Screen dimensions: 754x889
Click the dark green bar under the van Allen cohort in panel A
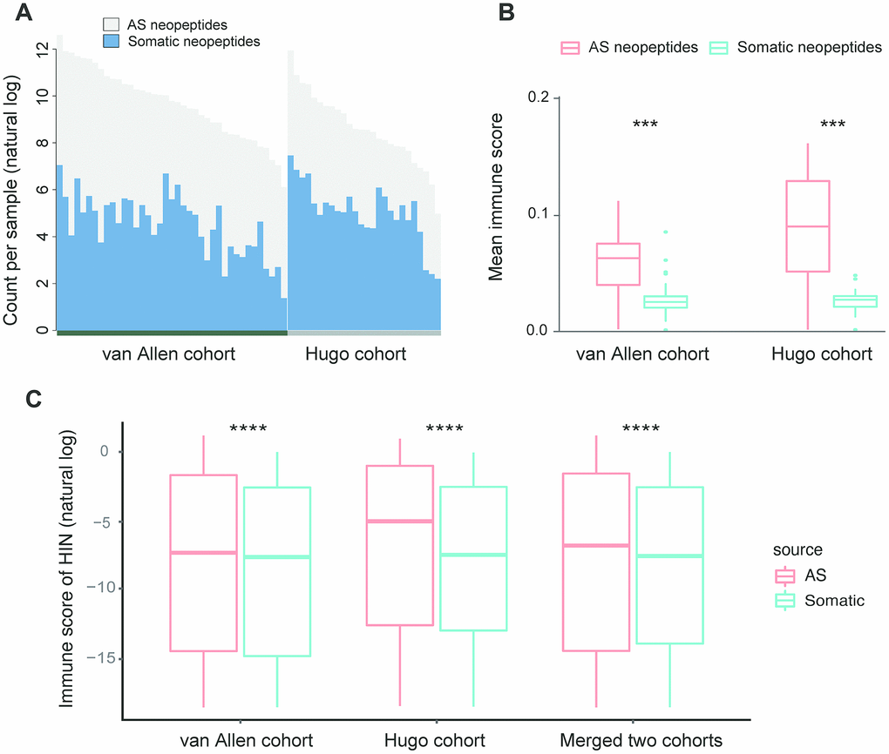pos(171,332)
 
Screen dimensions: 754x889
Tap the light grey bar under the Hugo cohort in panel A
pos(363,332)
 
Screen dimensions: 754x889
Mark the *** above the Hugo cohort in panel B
pos(832,125)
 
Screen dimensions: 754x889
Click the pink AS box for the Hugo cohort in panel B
pos(808,226)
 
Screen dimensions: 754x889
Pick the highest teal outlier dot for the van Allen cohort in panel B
pos(665,232)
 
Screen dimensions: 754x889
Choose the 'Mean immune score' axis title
pos(496,196)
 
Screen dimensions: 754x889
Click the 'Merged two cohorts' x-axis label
pos(641,741)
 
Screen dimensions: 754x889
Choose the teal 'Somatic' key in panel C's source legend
pos(786,600)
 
